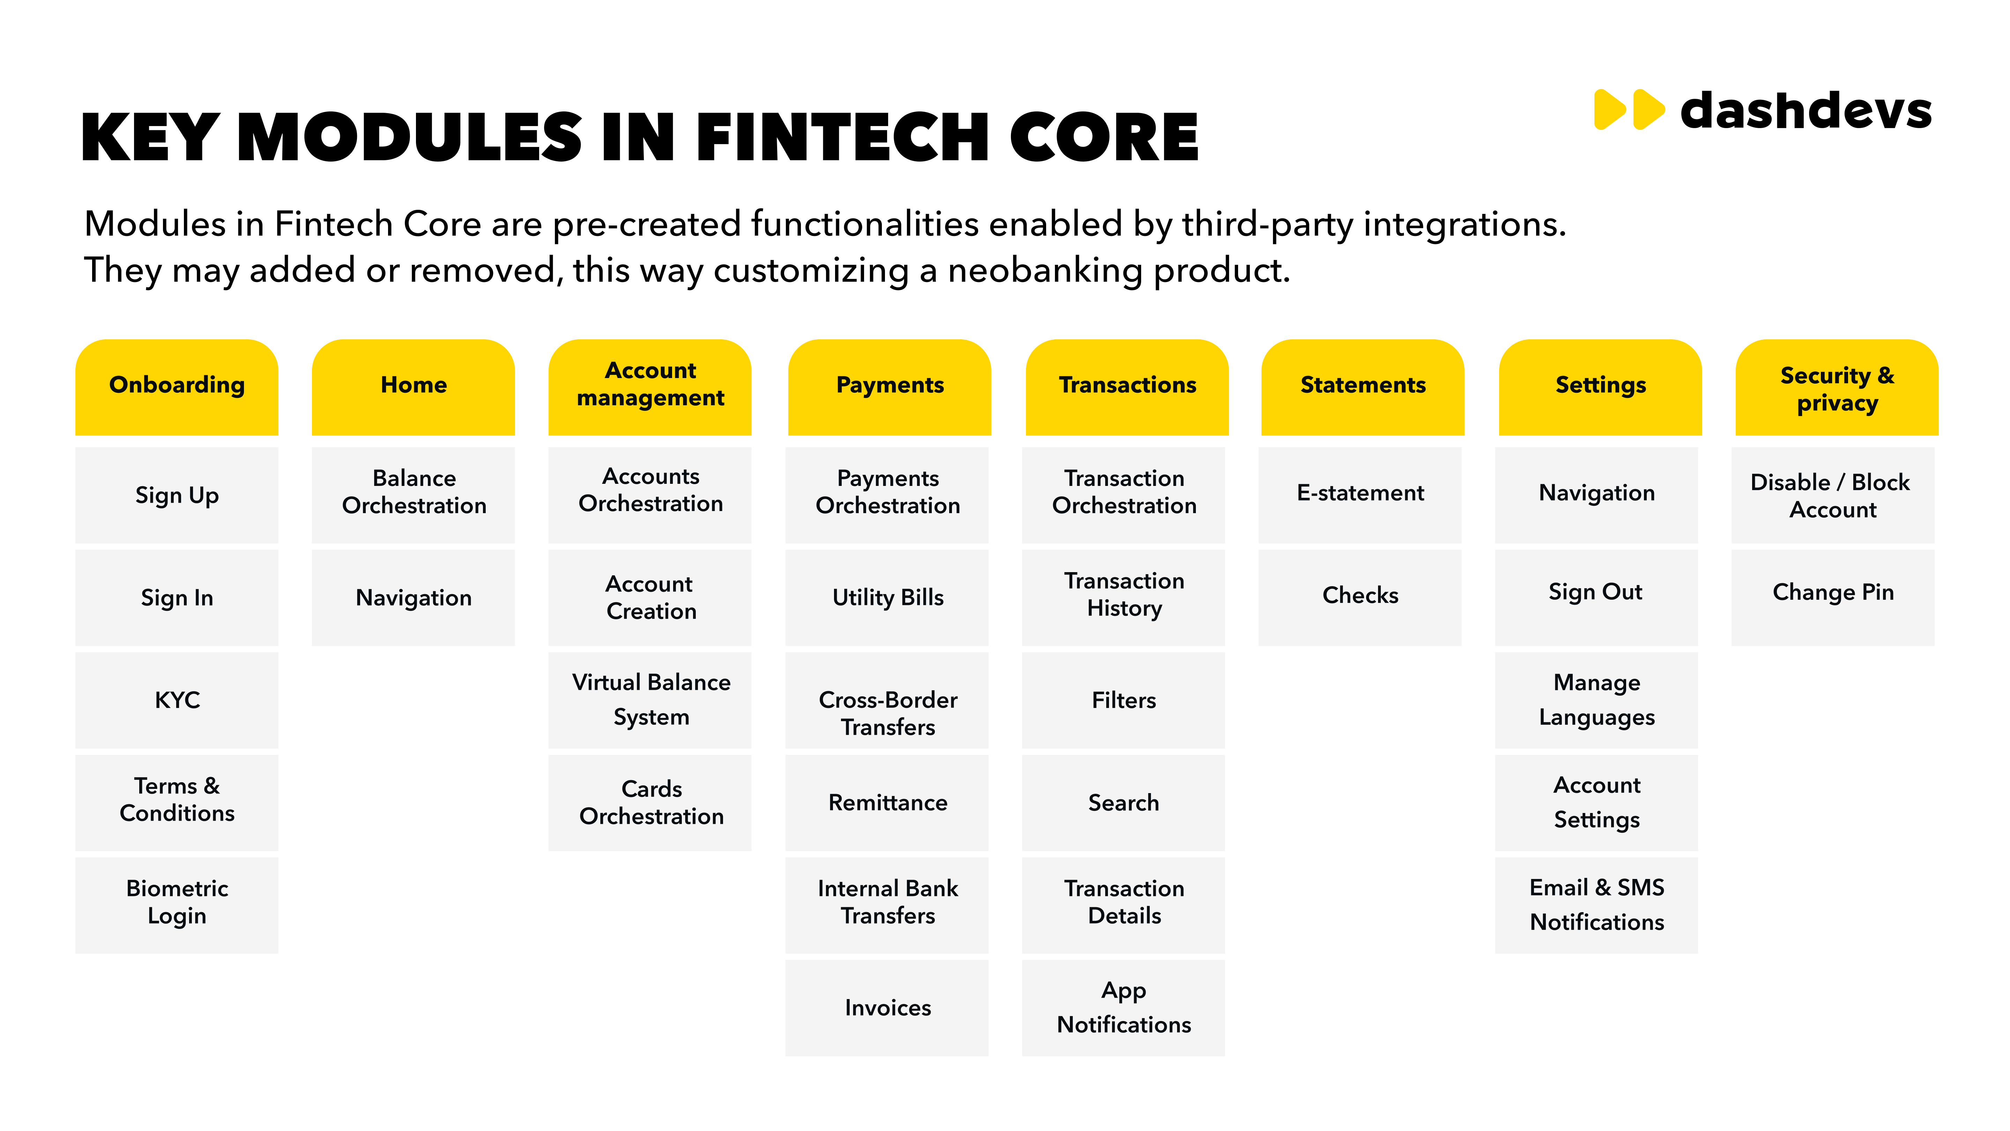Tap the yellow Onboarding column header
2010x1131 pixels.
(x=177, y=387)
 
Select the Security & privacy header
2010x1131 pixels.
(x=1837, y=387)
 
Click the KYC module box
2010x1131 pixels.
(x=177, y=700)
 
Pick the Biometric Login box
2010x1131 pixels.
(x=177, y=905)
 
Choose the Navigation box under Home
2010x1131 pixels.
(x=414, y=598)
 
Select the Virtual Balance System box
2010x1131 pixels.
(x=650, y=700)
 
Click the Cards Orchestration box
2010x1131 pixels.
(x=650, y=803)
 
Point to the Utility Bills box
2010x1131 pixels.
(x=887, y=598)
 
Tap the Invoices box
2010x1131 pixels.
(x=887, y=1008)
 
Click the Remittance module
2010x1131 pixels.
(x=887, y=803)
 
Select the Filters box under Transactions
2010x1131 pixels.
(x=1124, y=700)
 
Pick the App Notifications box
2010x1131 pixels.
(x=1124, y=1008)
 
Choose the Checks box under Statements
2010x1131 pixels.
(x=1360, y=598)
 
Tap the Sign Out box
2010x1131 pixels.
(x=1596, y=598)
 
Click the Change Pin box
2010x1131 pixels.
(x=1833, y=598)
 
